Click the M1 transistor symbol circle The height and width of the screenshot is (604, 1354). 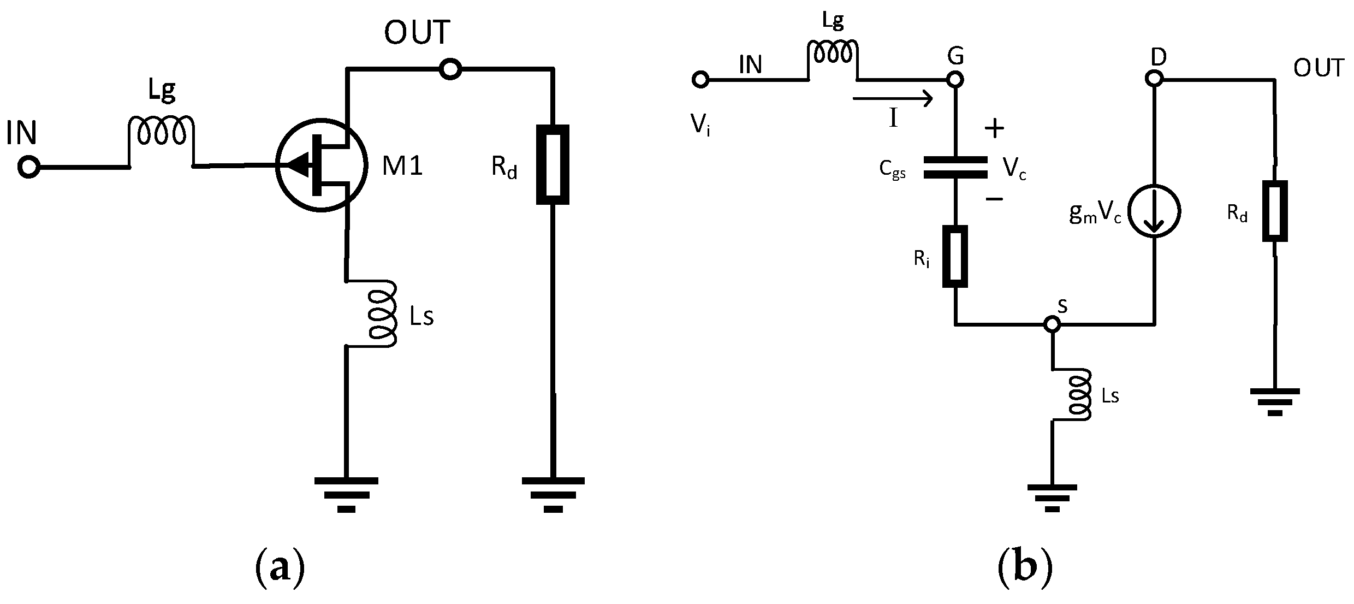(x=321, y=164)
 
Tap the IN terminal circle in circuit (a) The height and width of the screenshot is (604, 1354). (x=28, y=167)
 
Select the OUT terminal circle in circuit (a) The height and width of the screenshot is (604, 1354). (x=451, y=69)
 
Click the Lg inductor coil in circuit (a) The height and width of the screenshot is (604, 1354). (x=161, y=131)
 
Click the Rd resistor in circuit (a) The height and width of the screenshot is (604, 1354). (x=553, y=164)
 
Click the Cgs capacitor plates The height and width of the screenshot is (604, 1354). (x=955, y=168)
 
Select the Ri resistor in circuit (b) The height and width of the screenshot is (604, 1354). (x=955, y=256)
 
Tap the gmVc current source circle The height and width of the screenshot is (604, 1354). (x=1154, y=211)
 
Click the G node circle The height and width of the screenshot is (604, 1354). (x=955, y=80)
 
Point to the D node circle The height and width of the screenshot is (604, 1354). (x=1154, y=80)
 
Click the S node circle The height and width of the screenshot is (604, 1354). (x=1052, y=324)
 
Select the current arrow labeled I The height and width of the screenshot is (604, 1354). (x=892, y=99)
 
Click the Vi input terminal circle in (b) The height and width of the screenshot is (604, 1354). (x=700, y=80)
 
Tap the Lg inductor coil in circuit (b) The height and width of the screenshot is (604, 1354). (x=833, y=52)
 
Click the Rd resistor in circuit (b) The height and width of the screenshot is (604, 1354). (x=1275, y=211)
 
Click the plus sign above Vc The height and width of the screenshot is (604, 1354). (x=994, y=128)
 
